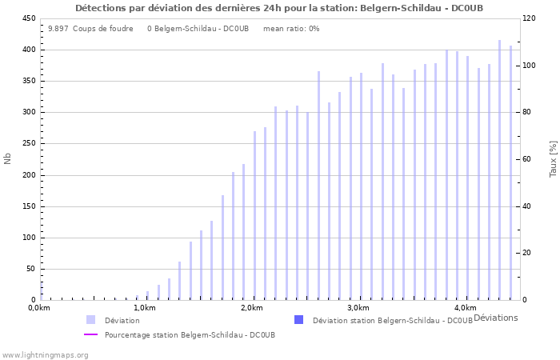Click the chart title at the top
coord(279,8)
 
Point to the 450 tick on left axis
coord(28,18)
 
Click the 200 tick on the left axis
coord(28,175)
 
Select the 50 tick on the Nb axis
coord(30,269)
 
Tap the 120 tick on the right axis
coord(530,18)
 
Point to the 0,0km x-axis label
coord(39,308)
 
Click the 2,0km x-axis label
coord(251,308)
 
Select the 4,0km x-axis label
coord(465,308)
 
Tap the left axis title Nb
coord(8,158)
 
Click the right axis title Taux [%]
coord(553,158)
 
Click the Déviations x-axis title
coord(495,318)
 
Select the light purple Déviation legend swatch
coord(91,320)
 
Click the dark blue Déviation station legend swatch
coord(299,320)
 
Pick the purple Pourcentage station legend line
coord(91,334)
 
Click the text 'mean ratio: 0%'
coord(291,29)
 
